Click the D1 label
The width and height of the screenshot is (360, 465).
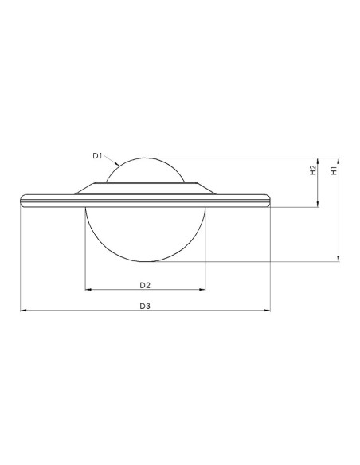click(x=97, y=156)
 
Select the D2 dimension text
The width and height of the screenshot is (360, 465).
click(x=145, y=284)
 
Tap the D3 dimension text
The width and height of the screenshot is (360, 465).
click(x=145, y=306)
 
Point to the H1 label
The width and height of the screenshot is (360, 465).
click(x=335, y=170)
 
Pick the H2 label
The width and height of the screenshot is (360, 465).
click(x=313, y=170)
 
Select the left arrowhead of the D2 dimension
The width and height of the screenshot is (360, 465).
click(x=88, y=290)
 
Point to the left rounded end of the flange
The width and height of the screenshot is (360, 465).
click(x=24, y=199)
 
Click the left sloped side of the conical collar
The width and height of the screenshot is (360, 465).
click(x=84, y=189)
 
